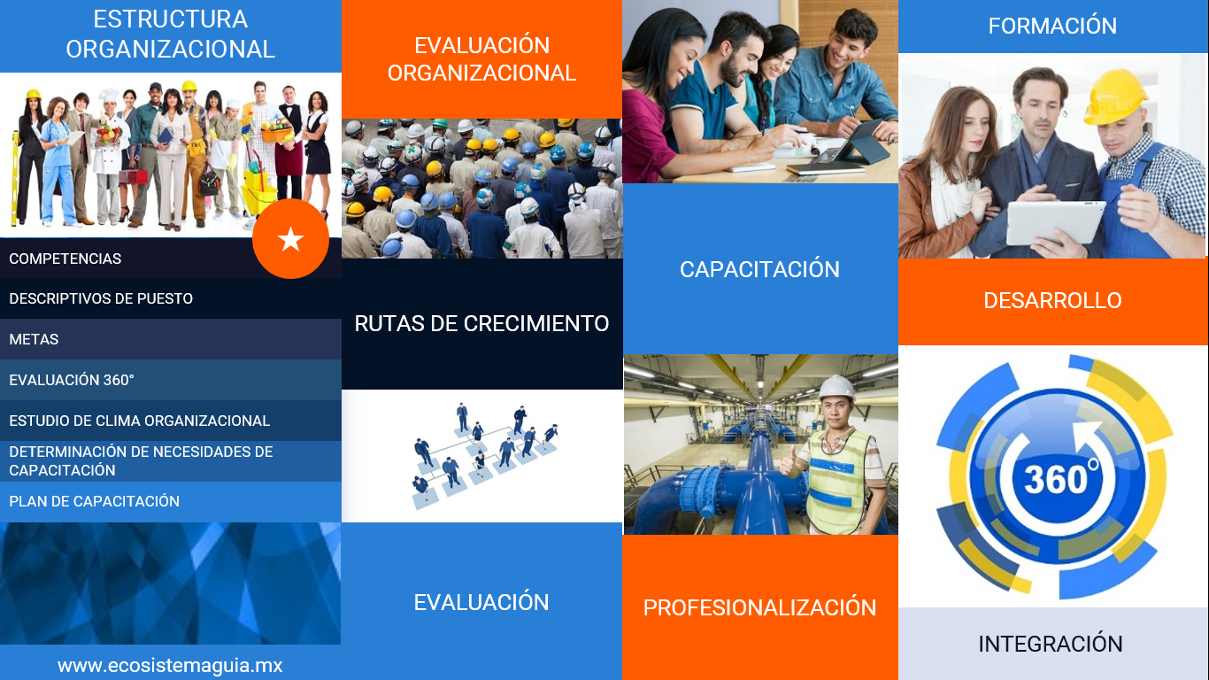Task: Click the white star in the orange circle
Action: [x=291, y=239]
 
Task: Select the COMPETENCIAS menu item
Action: [x=65, y=259]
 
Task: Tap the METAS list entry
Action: [x=34, y=339]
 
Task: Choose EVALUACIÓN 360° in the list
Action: [x=72, y=380]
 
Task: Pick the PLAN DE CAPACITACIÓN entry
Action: [x=95, y=501]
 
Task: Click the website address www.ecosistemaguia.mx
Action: [x=170, y=666]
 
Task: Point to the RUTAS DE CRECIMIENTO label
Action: [x=481, y=323]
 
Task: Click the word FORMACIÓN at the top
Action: [x=1052, y=26]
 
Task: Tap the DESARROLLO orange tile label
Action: [x=1052, y=300]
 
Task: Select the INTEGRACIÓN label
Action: [x=1051, y=644]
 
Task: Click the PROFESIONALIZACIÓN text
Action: [x=759, y=607]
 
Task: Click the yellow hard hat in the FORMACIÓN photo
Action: [x=1116, y=97]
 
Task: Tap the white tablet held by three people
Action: [x=1055, y=222]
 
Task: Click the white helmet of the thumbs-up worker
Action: [x=836, y=387]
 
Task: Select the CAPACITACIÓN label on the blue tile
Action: [x=759, y=269]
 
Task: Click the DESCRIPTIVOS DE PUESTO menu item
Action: [x=101, y=298]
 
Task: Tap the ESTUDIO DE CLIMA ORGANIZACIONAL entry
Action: [x=139, y=421]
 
